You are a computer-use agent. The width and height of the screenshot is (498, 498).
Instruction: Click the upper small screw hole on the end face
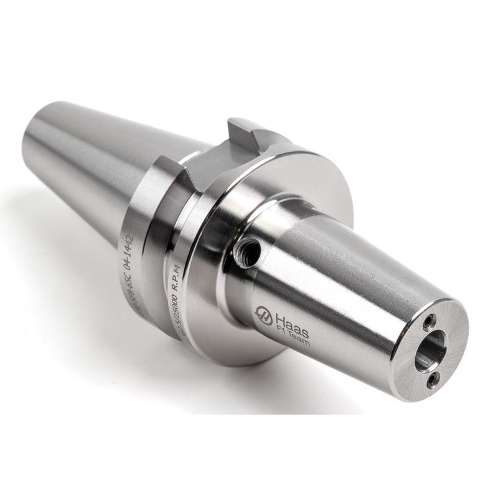429,322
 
